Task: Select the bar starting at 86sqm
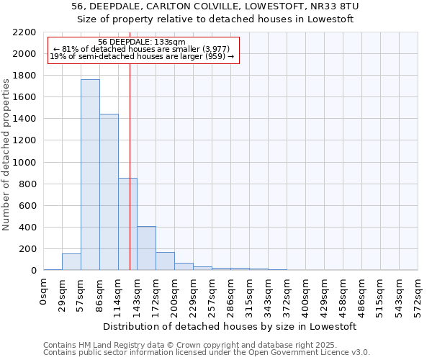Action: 109,192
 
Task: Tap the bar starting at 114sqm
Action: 127,224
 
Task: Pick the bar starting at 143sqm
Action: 146,248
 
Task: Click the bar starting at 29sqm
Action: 71,262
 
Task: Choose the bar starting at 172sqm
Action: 165,261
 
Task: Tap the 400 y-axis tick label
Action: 28,228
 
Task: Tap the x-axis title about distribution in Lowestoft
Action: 230,326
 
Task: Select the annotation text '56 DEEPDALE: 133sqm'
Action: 142,42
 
